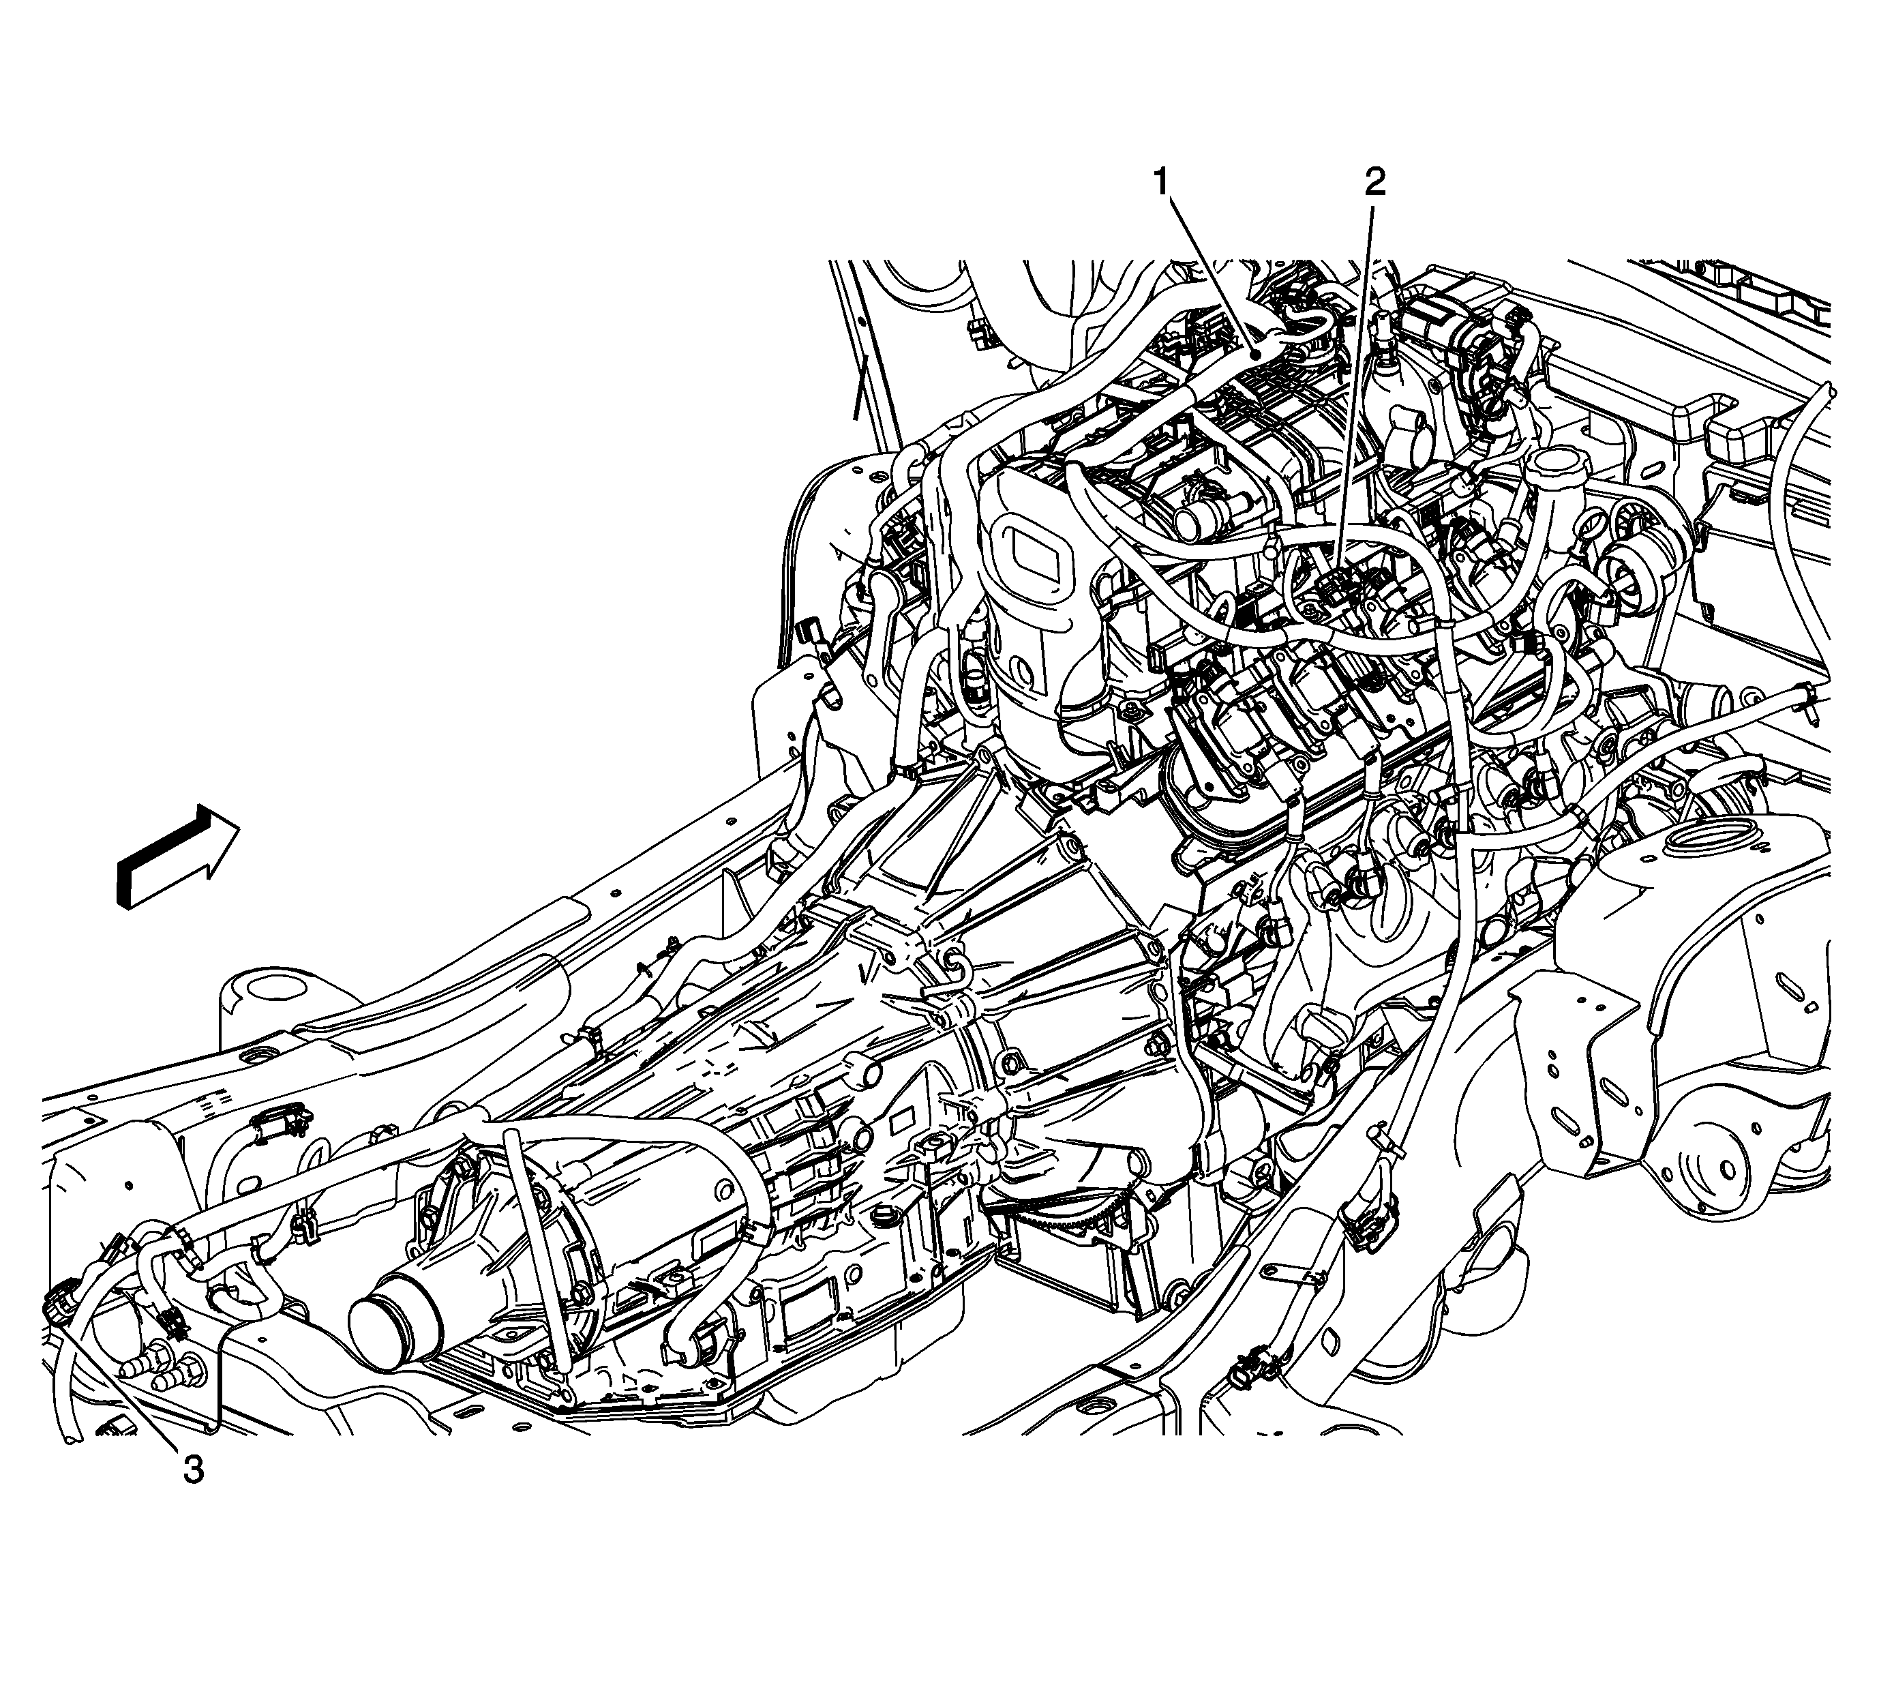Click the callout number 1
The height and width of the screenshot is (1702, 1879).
click(1162, 183)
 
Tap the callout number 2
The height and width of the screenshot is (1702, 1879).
click(1374, 183)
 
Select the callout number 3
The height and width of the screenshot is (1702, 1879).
click(193, 1471)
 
